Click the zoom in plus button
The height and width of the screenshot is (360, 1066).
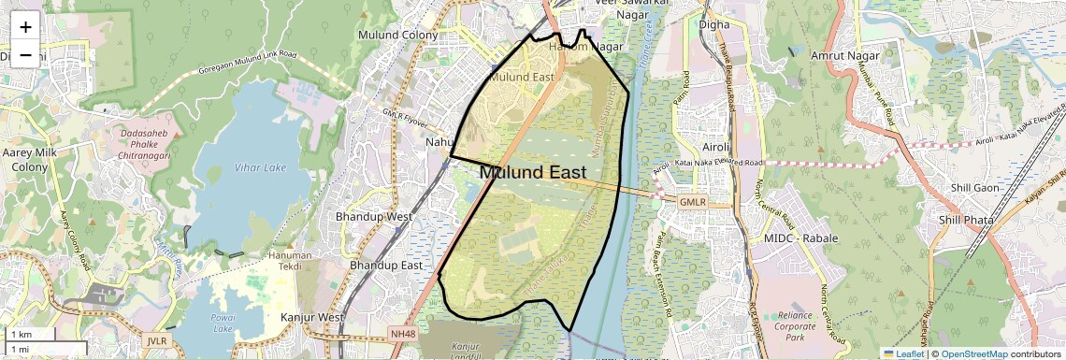(25, 27)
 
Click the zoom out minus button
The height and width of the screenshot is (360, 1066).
(25, 55)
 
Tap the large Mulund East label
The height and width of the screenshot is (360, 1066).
(532, 173)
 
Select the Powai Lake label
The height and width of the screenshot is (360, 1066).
(223, 323)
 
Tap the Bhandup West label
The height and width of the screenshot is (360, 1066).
(374, 217)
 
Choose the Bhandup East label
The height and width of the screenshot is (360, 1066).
(386, 266)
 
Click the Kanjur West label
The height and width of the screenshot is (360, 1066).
(312, 318)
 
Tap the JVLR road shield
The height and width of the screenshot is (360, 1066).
(156, 342)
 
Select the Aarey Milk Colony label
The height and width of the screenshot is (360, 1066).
(31, 159)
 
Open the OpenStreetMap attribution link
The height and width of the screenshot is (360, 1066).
(973, 353)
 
